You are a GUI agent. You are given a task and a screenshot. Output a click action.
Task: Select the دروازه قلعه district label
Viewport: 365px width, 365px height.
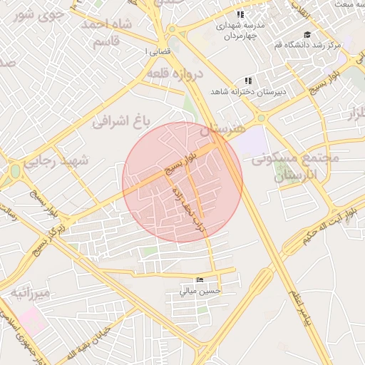(175, 73)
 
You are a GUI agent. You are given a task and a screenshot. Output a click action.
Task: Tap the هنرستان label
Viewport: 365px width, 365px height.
(222, 129)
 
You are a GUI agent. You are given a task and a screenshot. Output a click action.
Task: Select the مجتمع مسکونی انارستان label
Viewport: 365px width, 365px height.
(293, 166)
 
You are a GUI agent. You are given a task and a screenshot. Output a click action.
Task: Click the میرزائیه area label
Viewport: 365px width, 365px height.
(29, 294)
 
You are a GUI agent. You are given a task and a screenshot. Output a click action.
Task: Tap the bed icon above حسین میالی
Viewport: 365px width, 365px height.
(200, 279)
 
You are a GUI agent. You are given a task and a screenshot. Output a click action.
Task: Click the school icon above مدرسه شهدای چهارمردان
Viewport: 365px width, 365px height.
(240, 14)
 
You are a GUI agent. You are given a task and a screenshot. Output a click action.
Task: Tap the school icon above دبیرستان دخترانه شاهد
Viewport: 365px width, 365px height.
(247, 81)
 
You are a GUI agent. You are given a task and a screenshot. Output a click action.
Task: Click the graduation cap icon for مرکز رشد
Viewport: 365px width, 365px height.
(307, 34)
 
